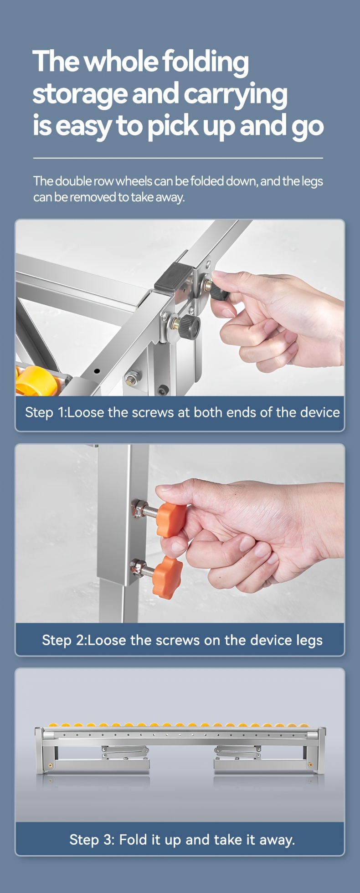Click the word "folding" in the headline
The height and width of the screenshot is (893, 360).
(x=206, y=62)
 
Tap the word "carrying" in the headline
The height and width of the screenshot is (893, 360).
(x=235, y=94)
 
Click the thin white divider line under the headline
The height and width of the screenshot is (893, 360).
(x=178, y=158)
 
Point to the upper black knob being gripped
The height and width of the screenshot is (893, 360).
(x=219, y=291)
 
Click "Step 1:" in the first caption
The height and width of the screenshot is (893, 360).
(x=46, y=412)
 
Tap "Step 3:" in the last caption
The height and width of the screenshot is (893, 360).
(x=92, y=840)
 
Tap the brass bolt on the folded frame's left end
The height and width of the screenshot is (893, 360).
(x=51, y=765)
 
